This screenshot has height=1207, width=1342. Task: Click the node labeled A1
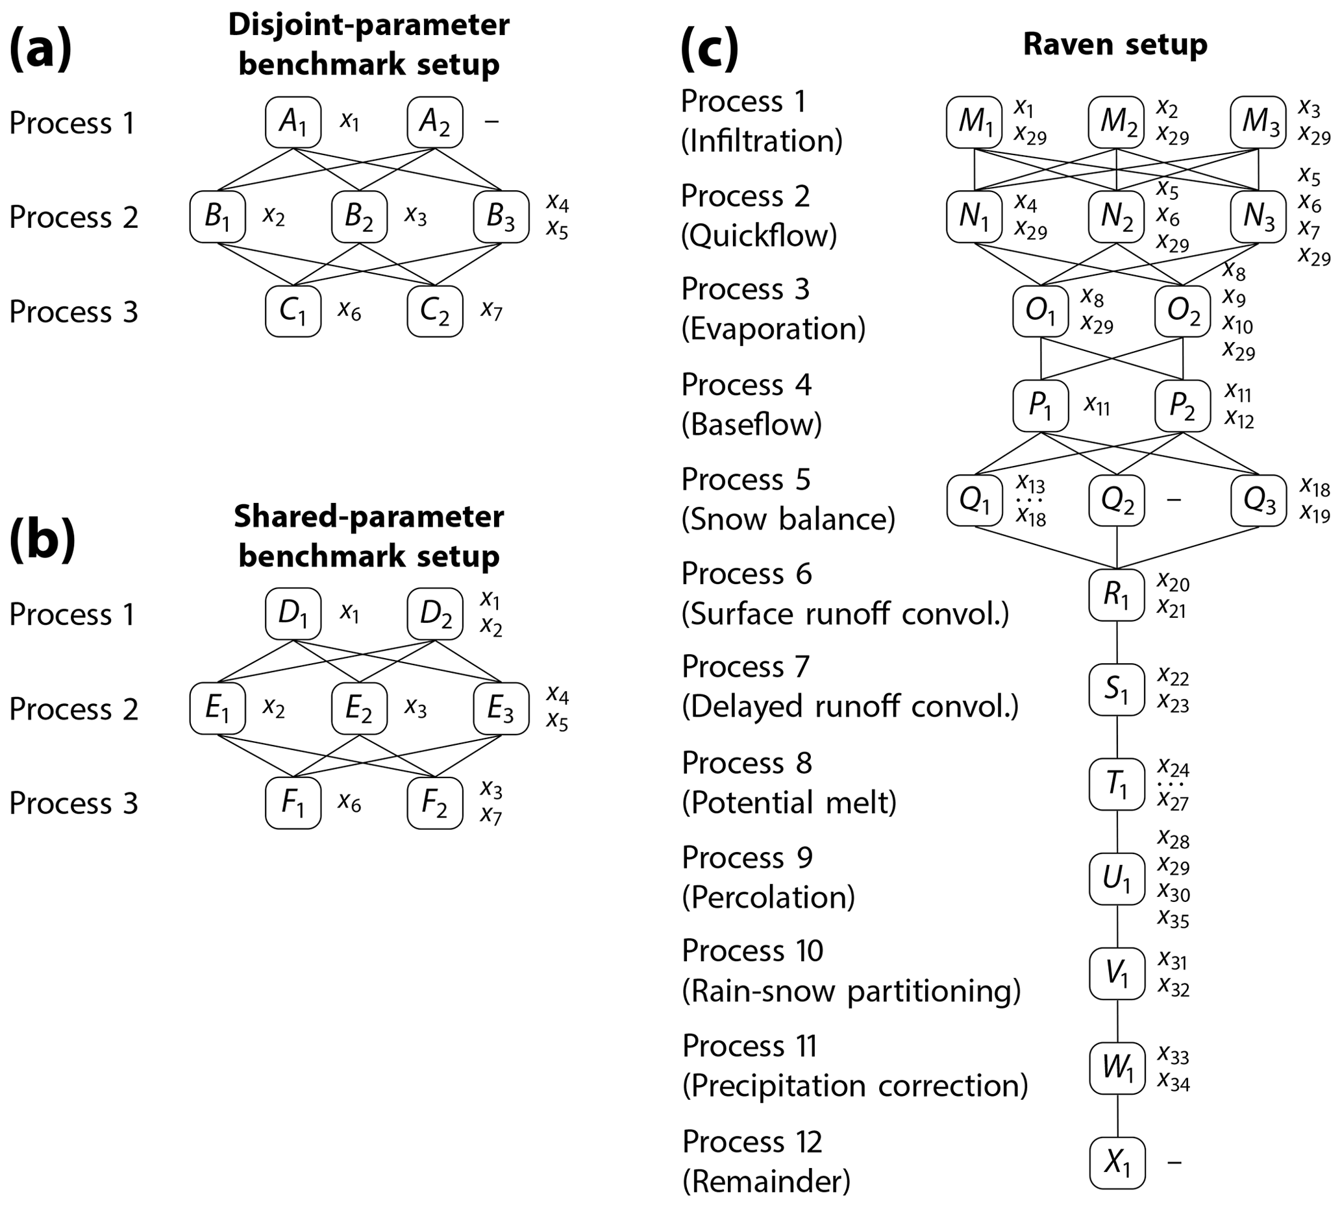click(x=293, y=122)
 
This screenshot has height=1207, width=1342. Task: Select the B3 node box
click(x=501, y=217)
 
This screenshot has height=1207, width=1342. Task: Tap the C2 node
click(x=434, y=311)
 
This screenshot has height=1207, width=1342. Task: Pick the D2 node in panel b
click(x=434, y=613)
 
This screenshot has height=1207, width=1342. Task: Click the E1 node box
click(x=217, y=708)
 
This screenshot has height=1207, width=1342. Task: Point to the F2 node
click(x=434, y=803)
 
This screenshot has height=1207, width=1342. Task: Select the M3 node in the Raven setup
click(x=1258, y=122)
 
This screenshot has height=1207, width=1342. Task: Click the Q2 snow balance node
click(x=1117, y=501)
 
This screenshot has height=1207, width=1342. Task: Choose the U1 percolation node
click(x=1117, y=879)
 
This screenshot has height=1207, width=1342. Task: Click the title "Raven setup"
click(x=1115, y=44)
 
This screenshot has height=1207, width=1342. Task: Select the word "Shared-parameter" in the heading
click(x=369, y=517)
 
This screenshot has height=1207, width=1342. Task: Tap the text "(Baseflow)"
click(x=752, y=424)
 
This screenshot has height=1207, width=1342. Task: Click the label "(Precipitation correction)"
click(x=854, y=1086)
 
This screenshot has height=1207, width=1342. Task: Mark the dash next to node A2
click(x=491, y=122)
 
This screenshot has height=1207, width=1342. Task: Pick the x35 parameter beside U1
click(x=1173, y=918)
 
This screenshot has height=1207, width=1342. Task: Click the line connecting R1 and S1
click(x=1117, y=642)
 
